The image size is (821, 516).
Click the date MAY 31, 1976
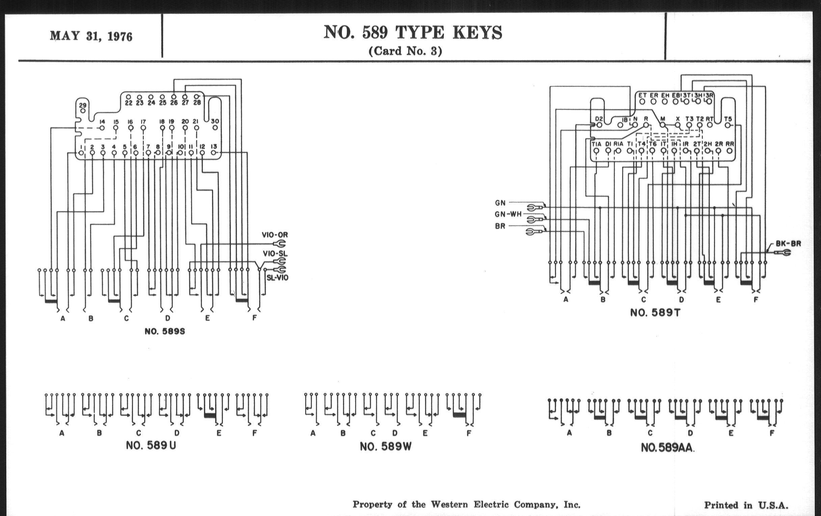tap(91, 36)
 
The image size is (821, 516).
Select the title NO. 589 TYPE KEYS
tap(413, 33)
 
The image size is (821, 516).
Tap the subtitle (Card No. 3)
tap(405, 51)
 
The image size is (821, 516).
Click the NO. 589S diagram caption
tap(165, 332)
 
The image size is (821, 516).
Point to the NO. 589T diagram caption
tap(655, 313)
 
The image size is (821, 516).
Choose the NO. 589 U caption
tap(151, 445)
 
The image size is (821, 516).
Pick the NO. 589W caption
tap(386, 447)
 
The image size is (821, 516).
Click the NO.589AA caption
tap(667, 448)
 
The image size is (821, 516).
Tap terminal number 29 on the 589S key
tap(82, 106)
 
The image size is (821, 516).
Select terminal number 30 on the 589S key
tap(215, 121)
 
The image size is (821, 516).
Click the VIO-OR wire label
tap(275, 235)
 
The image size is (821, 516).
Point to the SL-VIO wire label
tap(277, 278)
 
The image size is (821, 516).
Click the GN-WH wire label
tap(508, 214)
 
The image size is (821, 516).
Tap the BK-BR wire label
tap(788, 243)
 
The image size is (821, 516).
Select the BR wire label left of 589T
tap(500, 226)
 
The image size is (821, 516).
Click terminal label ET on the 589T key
tap(642, 95)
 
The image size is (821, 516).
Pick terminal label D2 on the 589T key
tap(599, 119)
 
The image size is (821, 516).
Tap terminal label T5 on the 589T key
tap(727, 119)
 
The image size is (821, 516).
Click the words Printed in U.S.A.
tap(746, 505)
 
